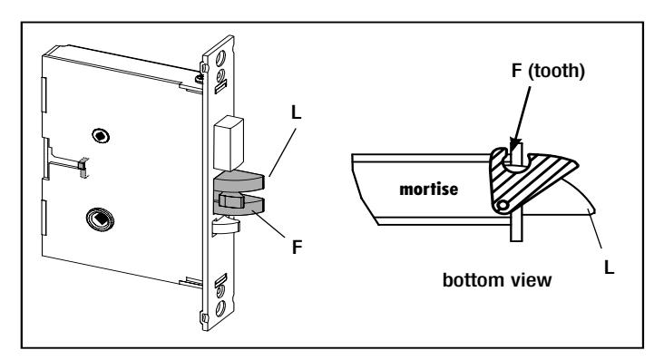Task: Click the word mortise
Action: click(x=428, y=189)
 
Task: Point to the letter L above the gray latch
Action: click(x=296, y=112)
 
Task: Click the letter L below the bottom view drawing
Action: click(x=609, y=268)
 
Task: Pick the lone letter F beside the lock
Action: click(x=298, y=248)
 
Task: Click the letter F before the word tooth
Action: click(x=516, y=71)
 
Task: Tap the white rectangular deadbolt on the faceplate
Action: click(x=229, y=143)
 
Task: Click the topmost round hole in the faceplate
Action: click(x=220, y=59)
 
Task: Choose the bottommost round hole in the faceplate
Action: click(x=220, y=308)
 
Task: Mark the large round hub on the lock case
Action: click(x=100, y=219)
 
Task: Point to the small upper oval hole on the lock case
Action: click(x=101, y=136)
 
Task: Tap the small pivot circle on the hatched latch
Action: click(x=503, y=206)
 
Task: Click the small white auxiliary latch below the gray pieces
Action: click(x=224, y=225)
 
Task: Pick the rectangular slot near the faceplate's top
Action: click(x=221, y=87)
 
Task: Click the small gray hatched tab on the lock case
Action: click(x=83, y=168)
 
